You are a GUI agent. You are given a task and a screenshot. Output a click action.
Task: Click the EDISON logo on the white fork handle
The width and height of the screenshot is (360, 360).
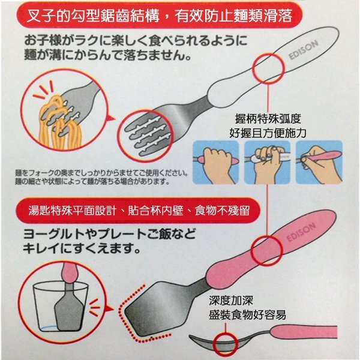[303, 50]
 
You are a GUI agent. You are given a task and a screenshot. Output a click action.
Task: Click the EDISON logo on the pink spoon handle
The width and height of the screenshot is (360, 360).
[301, 232]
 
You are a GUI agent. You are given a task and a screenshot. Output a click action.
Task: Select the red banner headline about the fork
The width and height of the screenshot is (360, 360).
[159, 16]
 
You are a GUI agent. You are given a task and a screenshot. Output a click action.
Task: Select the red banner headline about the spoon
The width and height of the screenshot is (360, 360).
[139, 211]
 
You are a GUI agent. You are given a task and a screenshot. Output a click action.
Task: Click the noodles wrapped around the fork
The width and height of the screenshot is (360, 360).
[60, 123]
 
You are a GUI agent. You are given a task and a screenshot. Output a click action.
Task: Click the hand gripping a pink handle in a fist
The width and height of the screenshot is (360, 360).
[216, 162]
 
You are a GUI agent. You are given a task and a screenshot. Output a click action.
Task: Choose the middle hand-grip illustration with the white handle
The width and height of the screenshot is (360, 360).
[267, 162]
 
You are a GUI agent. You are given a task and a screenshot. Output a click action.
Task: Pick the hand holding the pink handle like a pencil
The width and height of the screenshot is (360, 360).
[319, 162]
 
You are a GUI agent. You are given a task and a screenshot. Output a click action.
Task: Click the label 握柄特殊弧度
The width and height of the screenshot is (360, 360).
[268, 119]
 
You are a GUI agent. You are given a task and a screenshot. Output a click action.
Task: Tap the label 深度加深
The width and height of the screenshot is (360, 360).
[231, 301]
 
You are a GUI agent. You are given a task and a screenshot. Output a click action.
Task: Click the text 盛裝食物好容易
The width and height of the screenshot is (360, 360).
[247, 314]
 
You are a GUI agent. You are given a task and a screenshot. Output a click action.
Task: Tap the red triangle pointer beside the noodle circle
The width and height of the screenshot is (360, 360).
[112, 118]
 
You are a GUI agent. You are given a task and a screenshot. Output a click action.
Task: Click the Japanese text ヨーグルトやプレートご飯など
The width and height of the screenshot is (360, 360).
[110, 234]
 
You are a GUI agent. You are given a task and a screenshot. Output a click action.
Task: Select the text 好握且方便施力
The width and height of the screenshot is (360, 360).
[268, 133]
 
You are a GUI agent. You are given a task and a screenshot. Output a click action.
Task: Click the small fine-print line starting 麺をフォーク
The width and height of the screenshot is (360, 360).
[101, 172]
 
